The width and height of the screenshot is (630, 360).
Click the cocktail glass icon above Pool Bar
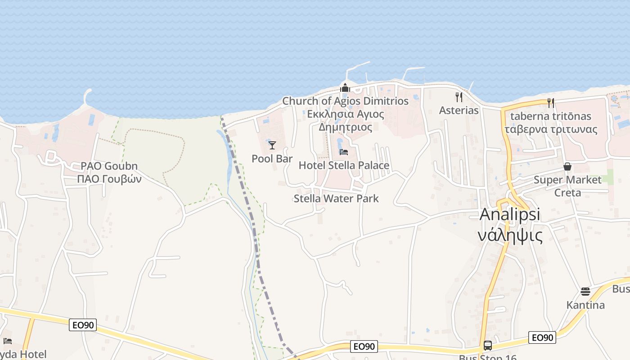pos(272,145)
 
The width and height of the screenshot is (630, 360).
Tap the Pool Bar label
pos(272,158)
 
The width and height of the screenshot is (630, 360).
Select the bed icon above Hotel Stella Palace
pos(344,152)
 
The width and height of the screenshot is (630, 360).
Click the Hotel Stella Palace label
pos(344,165)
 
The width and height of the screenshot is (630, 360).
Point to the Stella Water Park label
pos(336,198)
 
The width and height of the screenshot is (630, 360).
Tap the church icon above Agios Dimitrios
pos(345,88)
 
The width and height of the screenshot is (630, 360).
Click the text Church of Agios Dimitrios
pos(345,101)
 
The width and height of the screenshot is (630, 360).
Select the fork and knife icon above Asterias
pos(459,97)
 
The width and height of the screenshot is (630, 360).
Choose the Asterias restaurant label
pos(459,110)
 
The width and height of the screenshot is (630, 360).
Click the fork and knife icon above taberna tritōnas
pos(551,103)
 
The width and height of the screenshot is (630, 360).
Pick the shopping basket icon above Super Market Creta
pos(567,166)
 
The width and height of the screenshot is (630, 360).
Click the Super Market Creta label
pos(567,186)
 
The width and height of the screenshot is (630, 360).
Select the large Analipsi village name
pos(510,214)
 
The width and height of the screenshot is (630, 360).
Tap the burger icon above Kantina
pos(585,292)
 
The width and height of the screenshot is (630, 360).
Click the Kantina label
pos(585,305)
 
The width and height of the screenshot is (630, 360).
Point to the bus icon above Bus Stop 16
pos(487,346)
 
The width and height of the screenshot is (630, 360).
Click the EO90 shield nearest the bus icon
pos(542,337)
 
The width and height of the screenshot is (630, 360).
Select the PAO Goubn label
pos(109,166)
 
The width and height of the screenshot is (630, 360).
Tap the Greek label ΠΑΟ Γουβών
pos(109,179)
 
